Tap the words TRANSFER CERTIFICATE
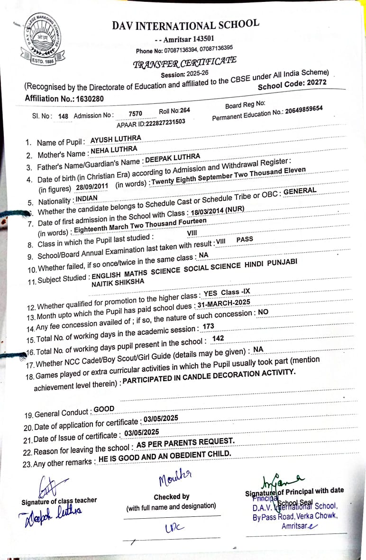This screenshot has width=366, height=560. click(184, 62)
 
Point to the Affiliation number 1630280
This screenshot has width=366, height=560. click(92, 99)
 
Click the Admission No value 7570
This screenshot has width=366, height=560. click(135, 113)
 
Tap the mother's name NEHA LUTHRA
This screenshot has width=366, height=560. click(114, 150)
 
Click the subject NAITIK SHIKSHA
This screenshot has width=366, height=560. click(117, 282)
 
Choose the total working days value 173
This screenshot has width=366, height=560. click(208, 326)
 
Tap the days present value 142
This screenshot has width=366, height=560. click(218, 338)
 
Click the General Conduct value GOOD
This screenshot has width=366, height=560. click(104, 409)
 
